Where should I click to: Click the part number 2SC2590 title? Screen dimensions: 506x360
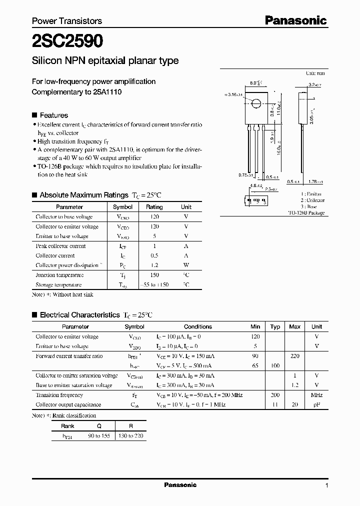(68, 40)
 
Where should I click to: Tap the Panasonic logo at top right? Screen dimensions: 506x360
(295, 20)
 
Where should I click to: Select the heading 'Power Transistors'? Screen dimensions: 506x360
(67, 21)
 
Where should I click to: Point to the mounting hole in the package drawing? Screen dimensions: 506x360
(256, 104)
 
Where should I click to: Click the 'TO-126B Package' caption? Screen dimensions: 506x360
(306, 212)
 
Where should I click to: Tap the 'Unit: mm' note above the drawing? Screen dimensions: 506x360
(315, 73)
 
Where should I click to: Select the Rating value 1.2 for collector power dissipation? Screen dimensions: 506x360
(154, 265)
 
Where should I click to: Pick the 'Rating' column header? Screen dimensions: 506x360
(154, 206)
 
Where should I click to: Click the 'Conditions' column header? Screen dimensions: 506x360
(198, 326)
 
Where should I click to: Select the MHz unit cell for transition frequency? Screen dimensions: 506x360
(316, 395)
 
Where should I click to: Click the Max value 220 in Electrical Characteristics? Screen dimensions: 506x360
(294, 356)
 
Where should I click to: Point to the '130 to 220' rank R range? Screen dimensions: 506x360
(131, 435)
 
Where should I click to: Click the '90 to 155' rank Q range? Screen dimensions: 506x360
(99, 435)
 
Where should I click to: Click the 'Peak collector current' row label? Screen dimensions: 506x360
(60, 246)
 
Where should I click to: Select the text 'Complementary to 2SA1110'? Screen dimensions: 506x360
(76, 92)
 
